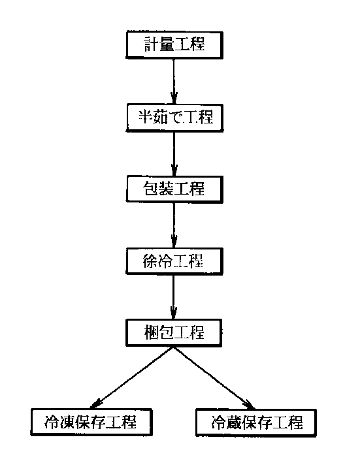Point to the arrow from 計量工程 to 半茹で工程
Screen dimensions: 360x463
[174, 82]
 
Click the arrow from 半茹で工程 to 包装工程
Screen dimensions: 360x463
[174, 154]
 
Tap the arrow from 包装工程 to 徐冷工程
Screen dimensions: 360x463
[174, 225]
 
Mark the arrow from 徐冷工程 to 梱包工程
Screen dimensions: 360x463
[174, 297]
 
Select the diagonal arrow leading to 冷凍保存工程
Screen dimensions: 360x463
[131, 377]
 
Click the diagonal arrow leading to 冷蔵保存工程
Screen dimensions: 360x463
[214, 378]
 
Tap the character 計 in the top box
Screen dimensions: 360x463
[152, 44]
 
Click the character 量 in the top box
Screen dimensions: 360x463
[167, 44]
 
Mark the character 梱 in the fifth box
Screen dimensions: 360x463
[152, 332]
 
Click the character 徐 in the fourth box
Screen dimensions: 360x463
[150, 261]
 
